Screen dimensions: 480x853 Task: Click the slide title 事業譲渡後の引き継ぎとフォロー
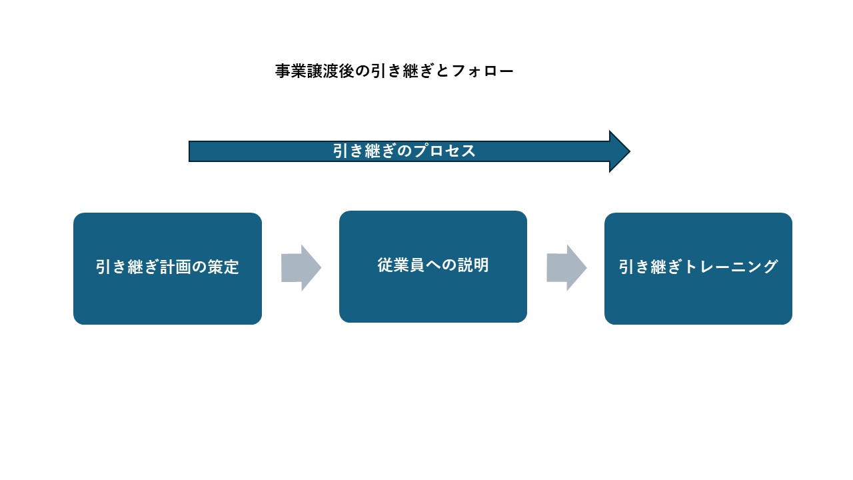pyautogui.click(x=395, y=71)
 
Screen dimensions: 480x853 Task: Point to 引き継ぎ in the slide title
pyautogui.click(x=402, y=71)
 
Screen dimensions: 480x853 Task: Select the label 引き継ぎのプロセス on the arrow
pyautogui.click(x=405, y=151)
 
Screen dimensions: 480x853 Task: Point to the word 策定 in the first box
pyautogui.click(x=225, y=268)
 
